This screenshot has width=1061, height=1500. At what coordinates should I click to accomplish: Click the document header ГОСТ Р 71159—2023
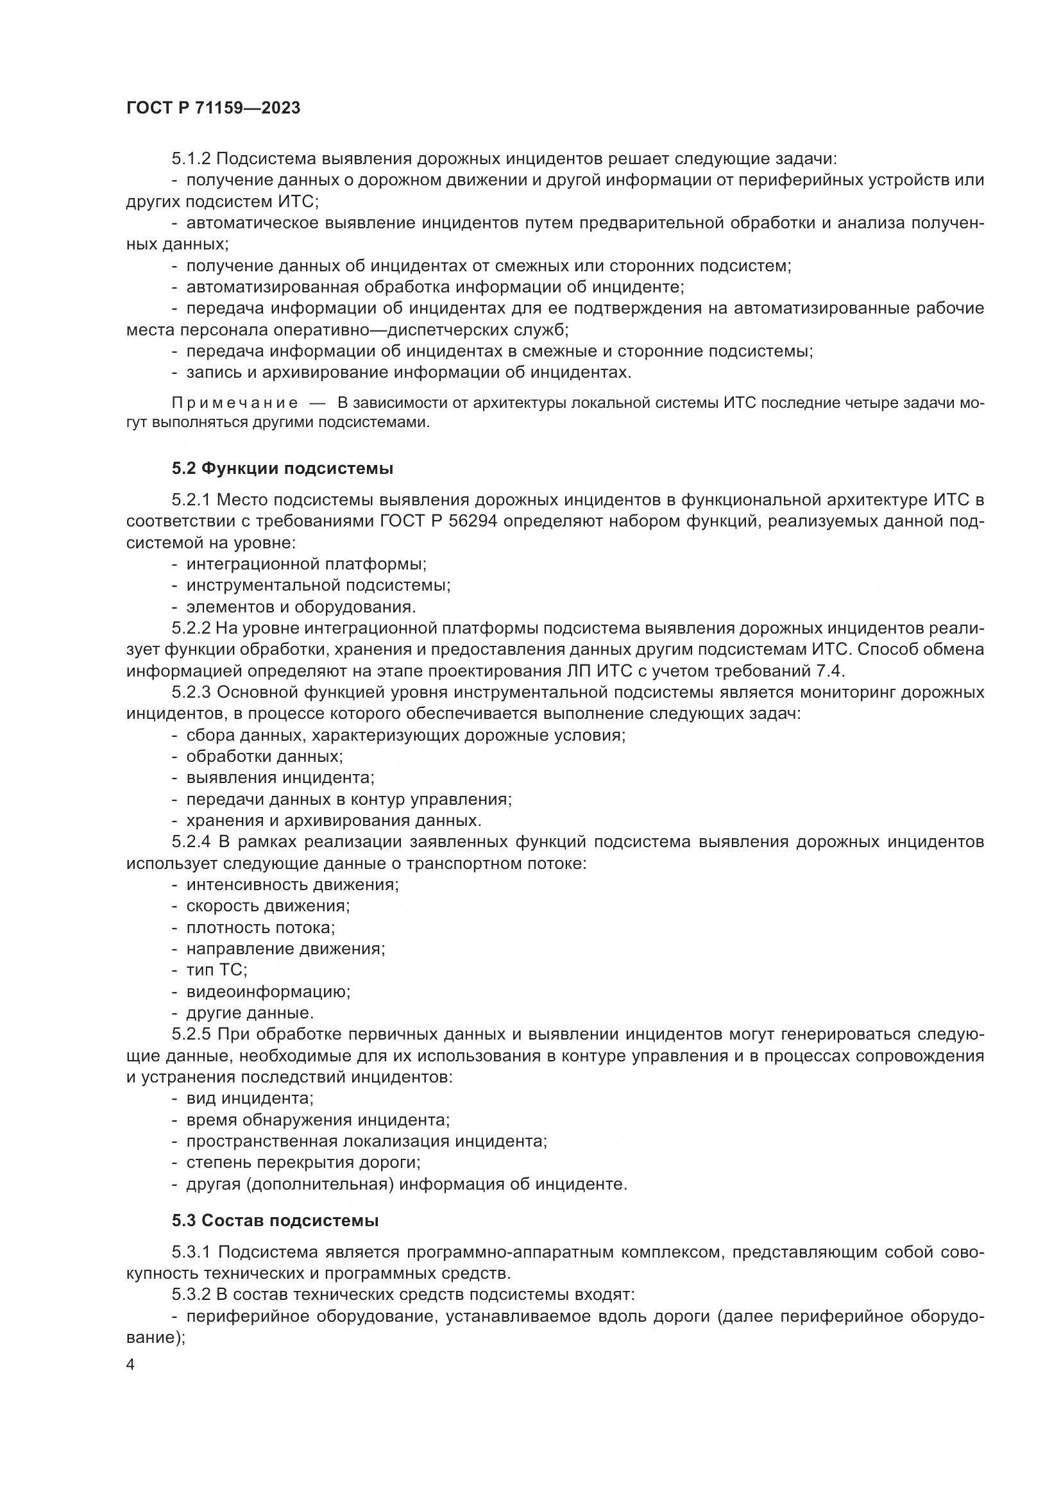click(213, 108)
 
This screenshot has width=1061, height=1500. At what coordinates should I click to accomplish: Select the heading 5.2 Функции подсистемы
click(282, 468)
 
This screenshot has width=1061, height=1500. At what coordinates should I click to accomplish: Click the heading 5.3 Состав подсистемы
click(275, 1220)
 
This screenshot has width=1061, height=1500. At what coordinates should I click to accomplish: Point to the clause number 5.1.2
click(191, 159)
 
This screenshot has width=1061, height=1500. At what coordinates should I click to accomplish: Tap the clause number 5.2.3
click(191, 692)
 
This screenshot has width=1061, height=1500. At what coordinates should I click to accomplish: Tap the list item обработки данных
click(264, 757)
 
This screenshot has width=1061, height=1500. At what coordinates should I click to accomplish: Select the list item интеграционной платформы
click(306, 564)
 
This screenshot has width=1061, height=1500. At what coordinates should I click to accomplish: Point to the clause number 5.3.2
click(191, 1294)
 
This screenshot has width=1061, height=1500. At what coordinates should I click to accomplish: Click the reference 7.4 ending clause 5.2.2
click(831, 671)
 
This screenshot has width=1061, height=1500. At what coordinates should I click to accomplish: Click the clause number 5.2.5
click(191, 1035)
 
